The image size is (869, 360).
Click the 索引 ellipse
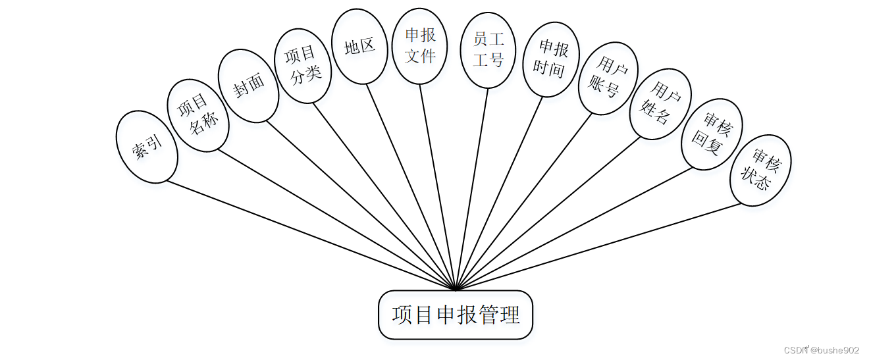point(146,146)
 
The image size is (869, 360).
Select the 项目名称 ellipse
point(198,116)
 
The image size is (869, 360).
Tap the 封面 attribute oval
point(248,86)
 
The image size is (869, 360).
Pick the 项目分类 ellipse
point(302,65)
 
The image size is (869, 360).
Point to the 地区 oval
point(359,47)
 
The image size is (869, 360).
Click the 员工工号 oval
point(488,50)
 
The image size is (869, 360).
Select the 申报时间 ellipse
point(551,59)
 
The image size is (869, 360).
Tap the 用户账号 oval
point(608,78)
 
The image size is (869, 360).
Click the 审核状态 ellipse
point(760,170)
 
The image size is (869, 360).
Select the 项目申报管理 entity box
point(456,315)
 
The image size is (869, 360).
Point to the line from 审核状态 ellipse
point(599,245)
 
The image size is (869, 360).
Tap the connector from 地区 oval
point(411,186)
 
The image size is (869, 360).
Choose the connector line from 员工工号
point(472,188)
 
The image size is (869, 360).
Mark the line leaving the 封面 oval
point(361,204)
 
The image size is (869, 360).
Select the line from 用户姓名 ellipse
point(548,213)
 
